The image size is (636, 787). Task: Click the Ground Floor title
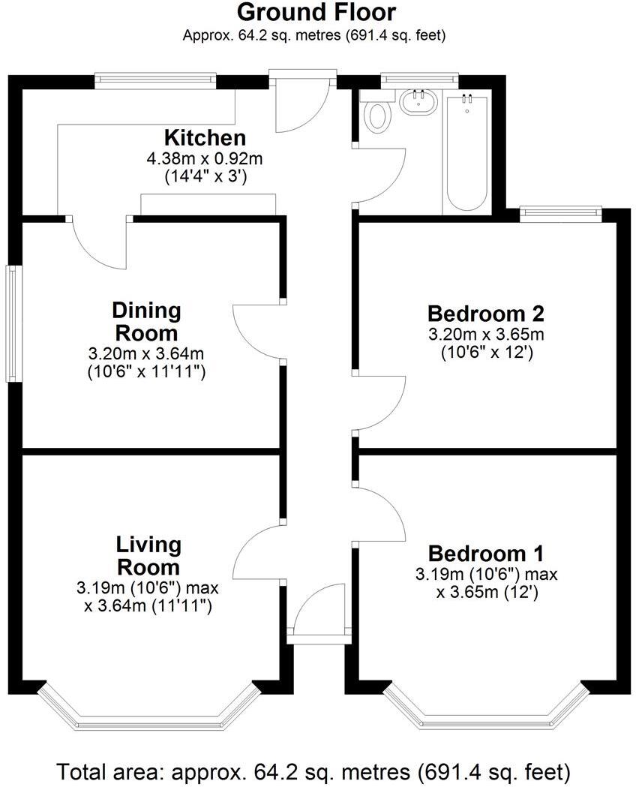pos(316,13)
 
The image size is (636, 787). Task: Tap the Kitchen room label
pos(205,138)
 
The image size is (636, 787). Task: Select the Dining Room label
pos(146,321)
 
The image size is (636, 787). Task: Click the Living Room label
pos(148,555)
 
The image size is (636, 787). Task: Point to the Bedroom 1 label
pos(485,554)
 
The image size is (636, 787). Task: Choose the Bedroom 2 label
pos(486,313)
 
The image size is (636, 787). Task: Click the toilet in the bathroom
pos(379,116)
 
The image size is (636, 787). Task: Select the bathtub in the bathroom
pos(467,154)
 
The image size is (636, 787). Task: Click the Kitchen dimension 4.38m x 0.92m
pos(205,159)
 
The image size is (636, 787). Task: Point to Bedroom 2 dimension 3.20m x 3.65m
pos(486,334)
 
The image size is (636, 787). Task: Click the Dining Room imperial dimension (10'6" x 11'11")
pos(146,371)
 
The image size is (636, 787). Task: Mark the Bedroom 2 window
pos(562,214)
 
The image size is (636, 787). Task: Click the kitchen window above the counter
pos(155,80)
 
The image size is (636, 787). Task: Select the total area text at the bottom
pos(316,770)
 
